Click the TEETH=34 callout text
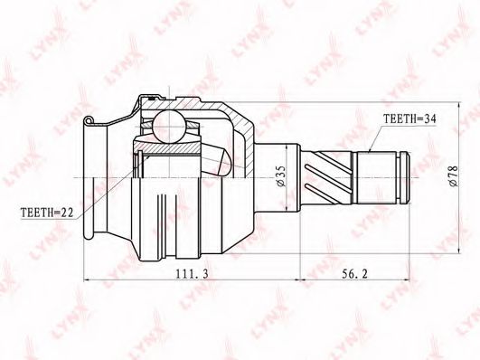(x=409, y=119)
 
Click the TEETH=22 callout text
(x=47, y=213)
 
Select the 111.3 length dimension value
(x=192, y=274)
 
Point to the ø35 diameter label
(x=281, y=176)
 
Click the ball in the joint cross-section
(x=169, y=127)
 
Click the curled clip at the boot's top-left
(x=89, y=120)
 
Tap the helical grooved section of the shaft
(x=326, y=178)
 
